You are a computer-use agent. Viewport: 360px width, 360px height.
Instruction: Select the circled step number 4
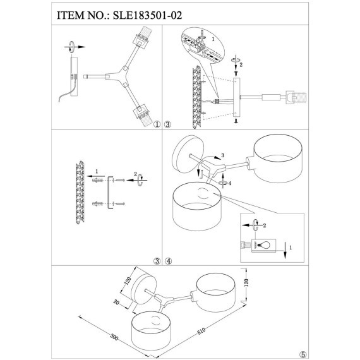pyautogui.click(x=168, y=261)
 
